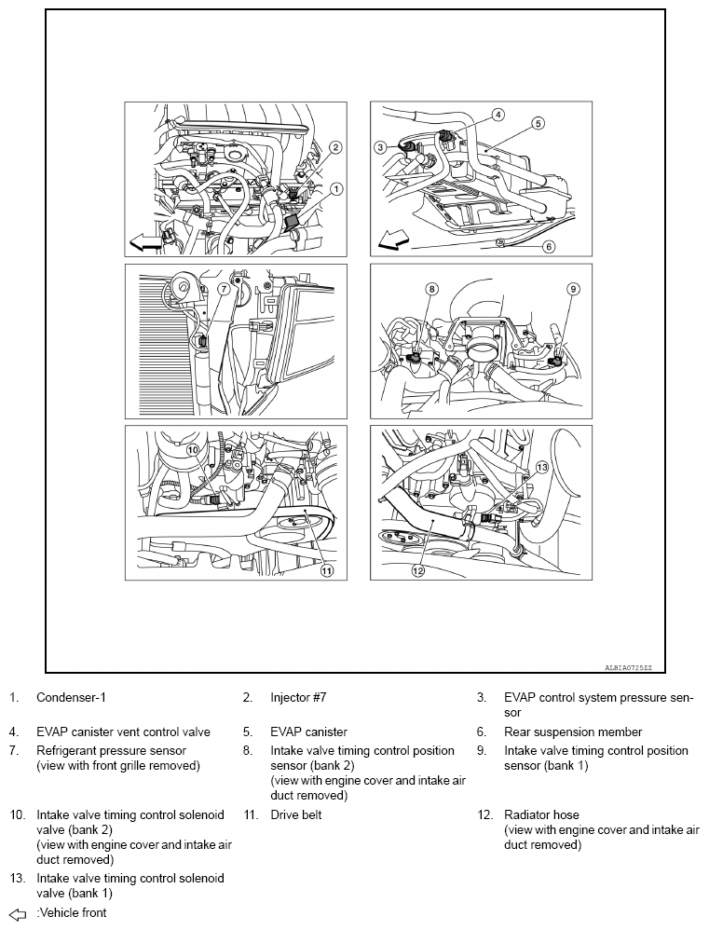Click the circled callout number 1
pos(336,188)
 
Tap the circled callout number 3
pos(380,147)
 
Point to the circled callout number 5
pos(539,122)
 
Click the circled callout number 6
pos(549,247)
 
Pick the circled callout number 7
pos(224,289)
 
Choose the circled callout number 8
pos(432,289)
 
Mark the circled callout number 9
pos(573,289)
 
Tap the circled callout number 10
pos(192,449)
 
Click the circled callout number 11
pos(327,571)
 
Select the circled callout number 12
pos(417,570)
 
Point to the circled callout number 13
pos(541,466)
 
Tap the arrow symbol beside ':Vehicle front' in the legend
pos(16,913)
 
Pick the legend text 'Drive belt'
pos(296,814)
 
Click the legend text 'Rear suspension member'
pos(573,732)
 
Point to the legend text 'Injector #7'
pos(298,697)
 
